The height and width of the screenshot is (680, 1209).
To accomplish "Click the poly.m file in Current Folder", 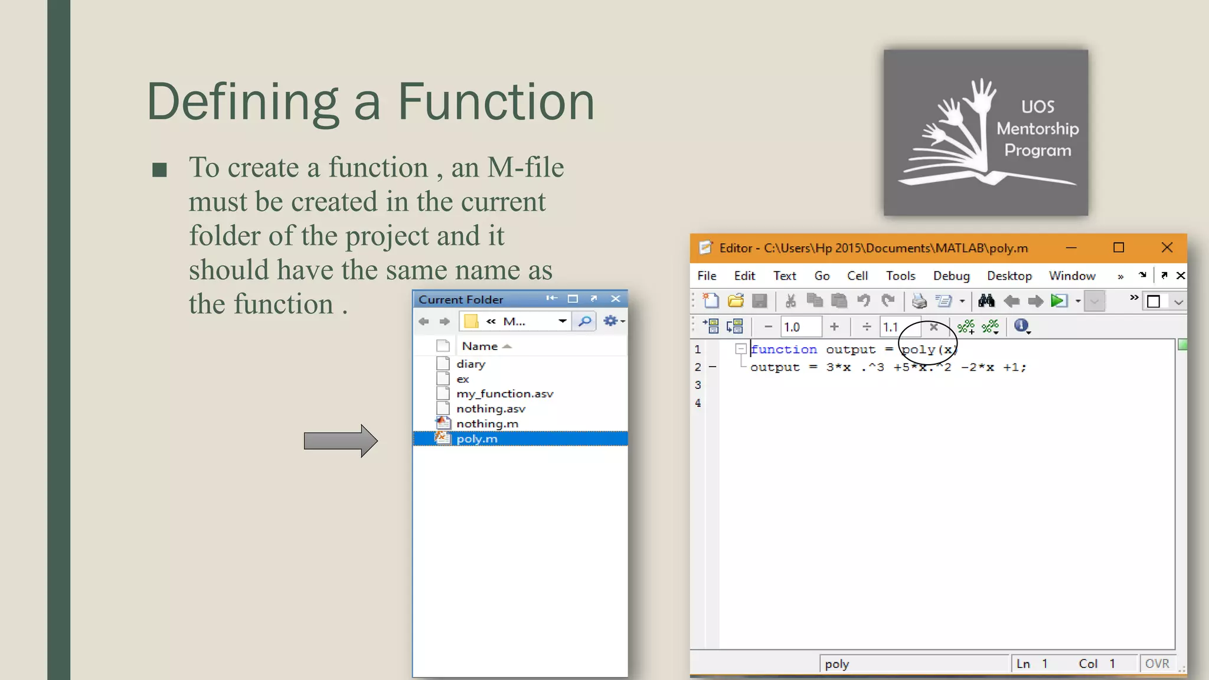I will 477,439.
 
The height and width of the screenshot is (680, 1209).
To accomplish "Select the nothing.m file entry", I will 487,424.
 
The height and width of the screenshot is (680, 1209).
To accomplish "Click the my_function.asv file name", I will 505,394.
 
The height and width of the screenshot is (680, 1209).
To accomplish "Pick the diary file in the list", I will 470,364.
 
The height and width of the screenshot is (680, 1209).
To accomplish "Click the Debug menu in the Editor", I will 951,276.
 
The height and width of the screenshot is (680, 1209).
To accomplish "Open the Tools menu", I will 900,276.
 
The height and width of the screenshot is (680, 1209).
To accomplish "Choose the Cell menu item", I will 857,276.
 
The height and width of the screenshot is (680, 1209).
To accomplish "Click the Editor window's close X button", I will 1166,248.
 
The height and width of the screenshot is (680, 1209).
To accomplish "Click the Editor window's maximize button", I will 1118,248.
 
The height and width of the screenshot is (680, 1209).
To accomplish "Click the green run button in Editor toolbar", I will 1058,301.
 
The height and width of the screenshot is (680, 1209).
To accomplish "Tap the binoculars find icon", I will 986,301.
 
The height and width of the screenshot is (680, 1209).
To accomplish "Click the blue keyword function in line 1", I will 784,349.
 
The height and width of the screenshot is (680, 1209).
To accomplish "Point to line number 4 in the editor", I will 698,403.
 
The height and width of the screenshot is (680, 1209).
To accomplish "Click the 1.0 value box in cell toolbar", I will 800,327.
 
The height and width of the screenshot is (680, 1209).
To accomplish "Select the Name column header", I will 480,346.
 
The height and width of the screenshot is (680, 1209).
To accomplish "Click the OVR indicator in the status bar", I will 1157,663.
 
